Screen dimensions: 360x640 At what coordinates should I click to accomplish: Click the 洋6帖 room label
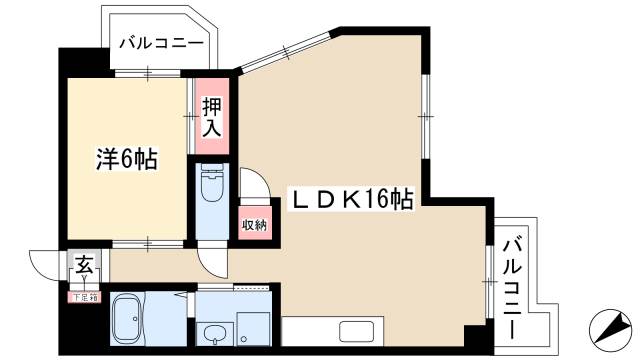[x=127, y=158]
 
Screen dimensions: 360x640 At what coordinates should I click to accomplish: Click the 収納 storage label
[x=253, y=224]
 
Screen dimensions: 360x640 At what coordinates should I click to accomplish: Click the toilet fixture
[x=211, y=188]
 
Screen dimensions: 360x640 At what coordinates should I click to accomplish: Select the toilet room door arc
[x=252, y=185]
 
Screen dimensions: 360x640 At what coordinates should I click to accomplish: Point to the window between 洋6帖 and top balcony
[x=148, y=72]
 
